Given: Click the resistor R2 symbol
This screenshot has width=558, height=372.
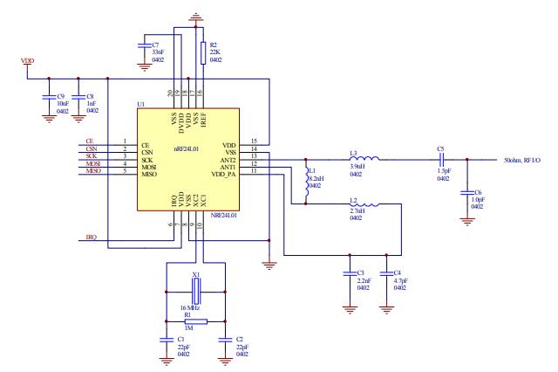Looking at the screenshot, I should [202, 51].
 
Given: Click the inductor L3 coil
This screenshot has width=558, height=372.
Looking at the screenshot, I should [364, 160].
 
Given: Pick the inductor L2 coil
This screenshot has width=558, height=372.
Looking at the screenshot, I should [364, 204].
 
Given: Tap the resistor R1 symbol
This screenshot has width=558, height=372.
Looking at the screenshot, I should [195, 321].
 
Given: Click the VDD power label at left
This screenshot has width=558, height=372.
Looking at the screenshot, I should [27, 62].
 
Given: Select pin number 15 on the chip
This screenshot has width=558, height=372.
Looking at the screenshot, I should [254, 141].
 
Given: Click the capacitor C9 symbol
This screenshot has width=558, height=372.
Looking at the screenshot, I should [48, 99].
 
